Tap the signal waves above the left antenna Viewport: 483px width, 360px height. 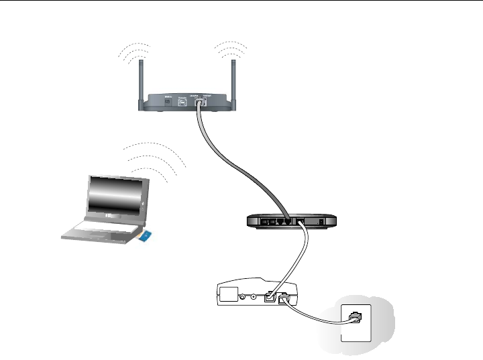[x=133, y=53]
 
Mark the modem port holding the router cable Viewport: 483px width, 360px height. [x=269, y=298]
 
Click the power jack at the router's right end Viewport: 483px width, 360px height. [x=324, y=221]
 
